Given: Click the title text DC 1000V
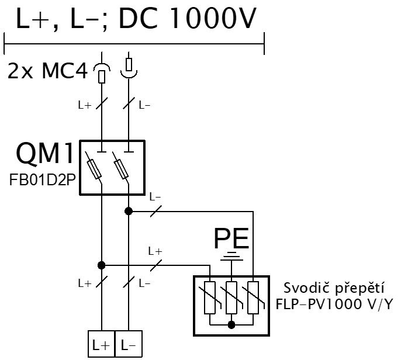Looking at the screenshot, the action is click(x=188, y=19).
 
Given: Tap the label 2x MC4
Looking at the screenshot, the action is click(x=47, y=71).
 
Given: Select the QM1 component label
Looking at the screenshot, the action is click(x=45, y=153).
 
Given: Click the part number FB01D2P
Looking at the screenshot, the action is click(x=43, y=180).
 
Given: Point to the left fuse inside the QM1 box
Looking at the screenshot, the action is click(x=94, y=169).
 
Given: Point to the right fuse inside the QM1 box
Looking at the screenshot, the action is click(x=120, y=169).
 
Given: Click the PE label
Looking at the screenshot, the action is click(x=231, y=238).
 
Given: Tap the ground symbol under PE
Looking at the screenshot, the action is click(x=231, y=257).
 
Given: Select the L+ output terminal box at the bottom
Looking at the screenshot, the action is click(x=102, y=344).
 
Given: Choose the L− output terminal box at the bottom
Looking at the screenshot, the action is click(x=129, y=344).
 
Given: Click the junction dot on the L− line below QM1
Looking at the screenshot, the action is click(x=129, y=211).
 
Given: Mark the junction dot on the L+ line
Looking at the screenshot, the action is click(x=102, y=265).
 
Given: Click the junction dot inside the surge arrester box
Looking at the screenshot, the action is click(x=231, y=325).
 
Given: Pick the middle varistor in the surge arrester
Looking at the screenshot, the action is click(x=231, y=297).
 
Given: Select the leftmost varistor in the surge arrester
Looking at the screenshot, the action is click(x=210, y=297).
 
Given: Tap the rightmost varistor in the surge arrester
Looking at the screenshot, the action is click(x=253, y=297).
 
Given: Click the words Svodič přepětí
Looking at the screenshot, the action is click(x=334, y=289).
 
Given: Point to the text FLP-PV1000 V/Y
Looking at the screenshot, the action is click(x=334, y=304).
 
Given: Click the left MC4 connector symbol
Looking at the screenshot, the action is click(x=102, y=73).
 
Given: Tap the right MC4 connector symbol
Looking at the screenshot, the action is click(x=129, y=68).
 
